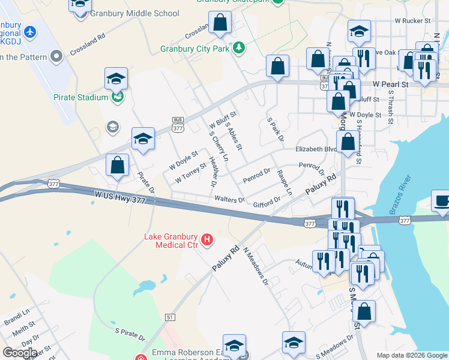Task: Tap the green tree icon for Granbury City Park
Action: pyautogui.click(x=239, y=47)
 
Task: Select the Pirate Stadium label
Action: pyautogui.click(x=80, y=97)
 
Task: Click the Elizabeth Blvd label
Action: pyautogui.click(x=313, y=149)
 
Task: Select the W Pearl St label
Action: pyautogui.click(x=390, y=85)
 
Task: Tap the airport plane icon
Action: pyautogui.click(x=29, y=31)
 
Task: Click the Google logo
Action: pyautogui.click(x=19, y=352)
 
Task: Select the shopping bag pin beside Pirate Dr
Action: pyautogui.click(x=118, y=166)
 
